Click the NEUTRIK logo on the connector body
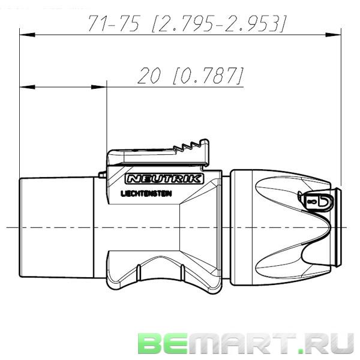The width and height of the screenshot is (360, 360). pos(164,179)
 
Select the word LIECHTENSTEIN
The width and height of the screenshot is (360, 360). pos(148,194)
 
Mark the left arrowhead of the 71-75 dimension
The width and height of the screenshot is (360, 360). pos(24,34)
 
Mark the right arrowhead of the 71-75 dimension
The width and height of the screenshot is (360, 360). pos(337,34)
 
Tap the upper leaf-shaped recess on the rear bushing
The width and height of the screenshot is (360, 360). pos(282,195)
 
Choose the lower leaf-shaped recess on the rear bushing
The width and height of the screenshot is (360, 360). pos(282,258)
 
